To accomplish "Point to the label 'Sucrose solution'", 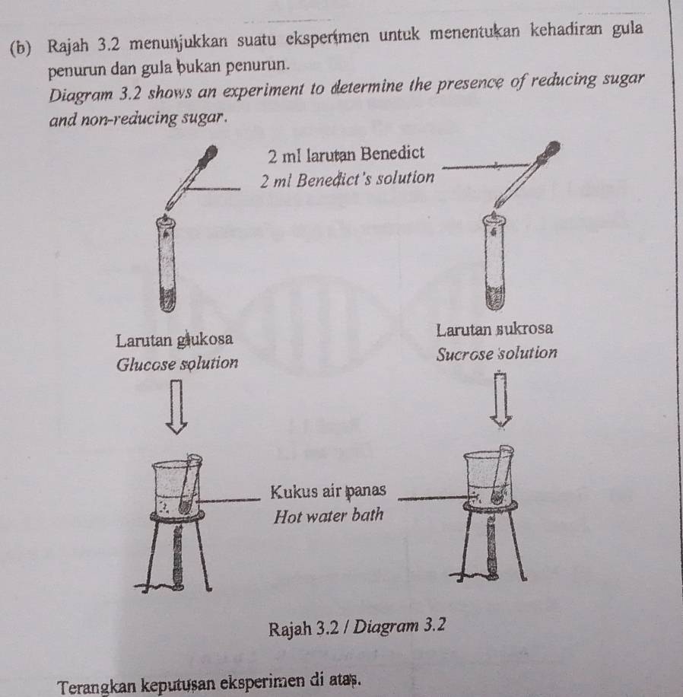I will pos(497,355).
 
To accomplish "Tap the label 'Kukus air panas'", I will pos(329,489).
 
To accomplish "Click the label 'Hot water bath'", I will pos(328,515).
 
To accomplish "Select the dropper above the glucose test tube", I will pos(192,178).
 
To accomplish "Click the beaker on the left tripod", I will pos(176,486).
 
